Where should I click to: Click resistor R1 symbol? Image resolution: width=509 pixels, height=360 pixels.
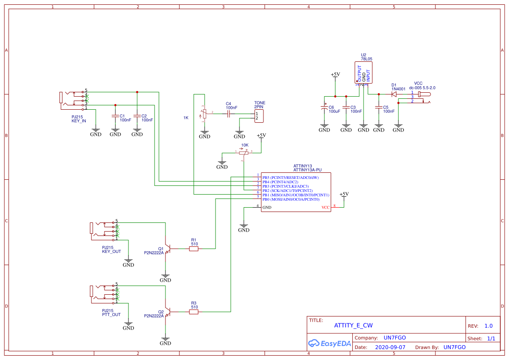[x=194, y=249]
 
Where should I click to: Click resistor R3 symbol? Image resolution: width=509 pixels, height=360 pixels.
[x=194, y=312]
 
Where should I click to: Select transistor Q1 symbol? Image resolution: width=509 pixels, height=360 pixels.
[x=167, y=249]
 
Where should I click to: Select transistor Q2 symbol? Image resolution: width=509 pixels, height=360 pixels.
[x=167, y=312]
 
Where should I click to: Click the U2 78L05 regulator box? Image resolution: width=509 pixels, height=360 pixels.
[x=364, y=73]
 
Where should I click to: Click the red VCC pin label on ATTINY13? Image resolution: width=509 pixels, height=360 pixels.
[x=326, y=208]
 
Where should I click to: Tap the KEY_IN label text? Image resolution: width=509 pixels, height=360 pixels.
[x=79, y=121]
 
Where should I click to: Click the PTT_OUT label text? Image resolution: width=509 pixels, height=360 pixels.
[x=111, y=314]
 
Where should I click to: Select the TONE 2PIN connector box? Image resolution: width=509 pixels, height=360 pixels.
[x=260, y=116]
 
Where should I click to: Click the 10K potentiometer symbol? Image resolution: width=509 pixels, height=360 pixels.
[x=244, y=152]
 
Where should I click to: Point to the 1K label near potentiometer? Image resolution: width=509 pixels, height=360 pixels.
[x=186, y=118]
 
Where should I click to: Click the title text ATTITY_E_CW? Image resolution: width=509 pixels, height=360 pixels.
[x=353, y=325]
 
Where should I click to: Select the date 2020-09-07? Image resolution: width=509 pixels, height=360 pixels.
[x=390, y=347]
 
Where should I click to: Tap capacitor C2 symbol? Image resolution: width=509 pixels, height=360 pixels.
[x=137, y=116]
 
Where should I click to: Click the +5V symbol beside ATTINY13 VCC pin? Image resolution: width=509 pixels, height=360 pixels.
[x=344, y=195]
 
